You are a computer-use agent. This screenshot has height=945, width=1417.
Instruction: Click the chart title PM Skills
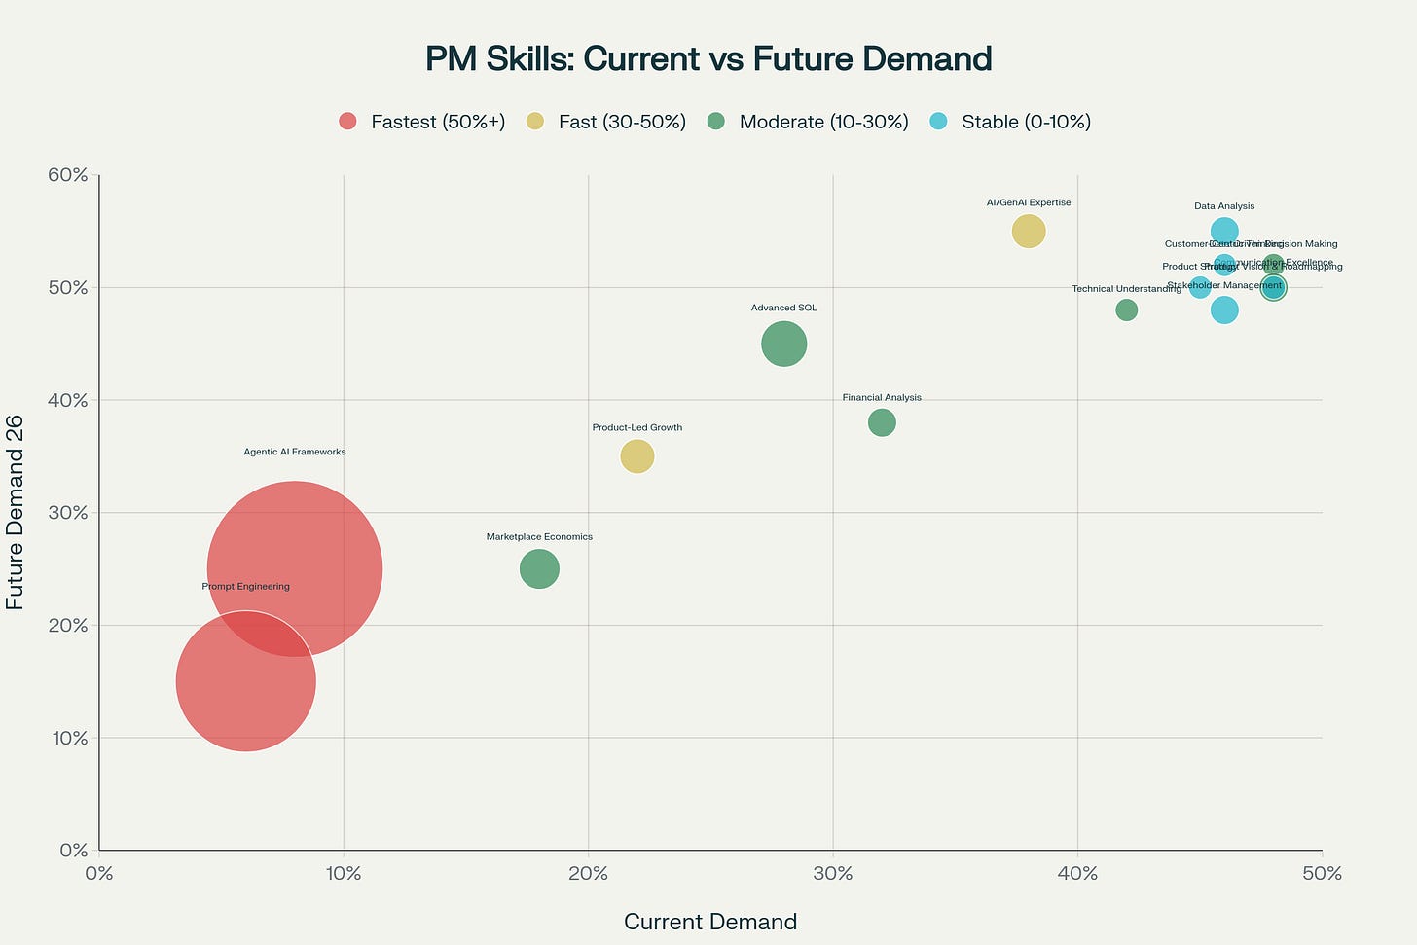coord(708,59)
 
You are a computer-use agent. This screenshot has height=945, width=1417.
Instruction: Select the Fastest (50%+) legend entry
coord(421,122)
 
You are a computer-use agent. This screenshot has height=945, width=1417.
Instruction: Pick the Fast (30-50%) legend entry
coord(606,122)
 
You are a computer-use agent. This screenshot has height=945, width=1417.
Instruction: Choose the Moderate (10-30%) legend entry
coord(809,122)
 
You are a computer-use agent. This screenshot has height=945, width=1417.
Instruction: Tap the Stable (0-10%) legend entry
coord(1011,122)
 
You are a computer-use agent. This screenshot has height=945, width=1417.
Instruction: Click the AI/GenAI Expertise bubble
coord(1029,232)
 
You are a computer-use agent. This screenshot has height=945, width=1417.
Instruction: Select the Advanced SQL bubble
coord(783,344)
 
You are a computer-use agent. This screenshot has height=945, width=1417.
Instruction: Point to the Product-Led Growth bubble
coord(637,455)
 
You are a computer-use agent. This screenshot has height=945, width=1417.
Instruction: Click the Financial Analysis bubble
coord(882,422)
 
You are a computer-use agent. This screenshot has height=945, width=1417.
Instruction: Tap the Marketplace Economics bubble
coord(539,568)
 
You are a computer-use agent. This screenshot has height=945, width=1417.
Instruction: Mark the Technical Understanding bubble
coord(1126,310)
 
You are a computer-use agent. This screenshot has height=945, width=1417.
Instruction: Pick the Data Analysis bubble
coord(1224,232)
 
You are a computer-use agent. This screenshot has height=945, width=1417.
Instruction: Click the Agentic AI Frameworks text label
coord(294,452)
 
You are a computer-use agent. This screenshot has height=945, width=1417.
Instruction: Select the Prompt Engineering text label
coord(245,587)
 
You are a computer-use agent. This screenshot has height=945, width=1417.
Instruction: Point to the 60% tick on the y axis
coord(67,175)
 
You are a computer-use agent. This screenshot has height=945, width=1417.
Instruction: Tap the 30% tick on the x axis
coord(832,874)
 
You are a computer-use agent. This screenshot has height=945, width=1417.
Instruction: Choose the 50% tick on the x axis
coord(1322,874)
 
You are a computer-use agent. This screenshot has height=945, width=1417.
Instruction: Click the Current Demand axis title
coord(709,922)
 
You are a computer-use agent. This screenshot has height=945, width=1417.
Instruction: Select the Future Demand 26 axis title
coord(16,512)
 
